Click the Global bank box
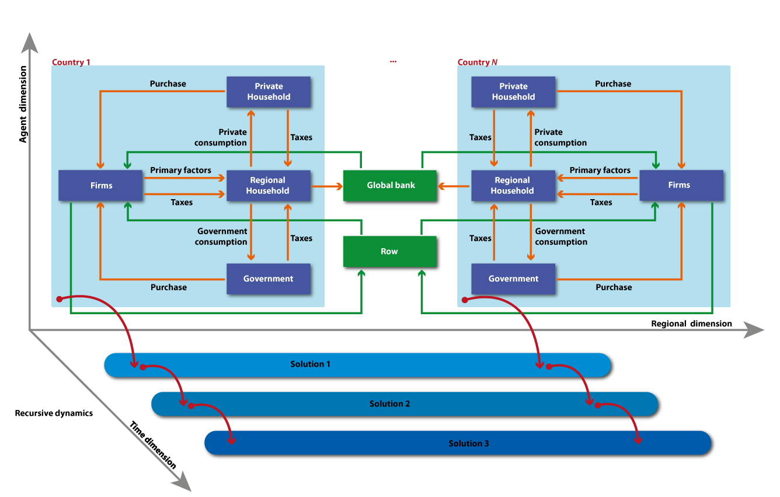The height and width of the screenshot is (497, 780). [389, 185]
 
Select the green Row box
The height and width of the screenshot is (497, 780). [389, 252]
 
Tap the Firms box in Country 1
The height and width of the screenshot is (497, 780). [100, 185]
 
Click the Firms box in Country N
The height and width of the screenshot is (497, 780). [681, 185]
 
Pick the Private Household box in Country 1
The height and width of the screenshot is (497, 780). [269, 92]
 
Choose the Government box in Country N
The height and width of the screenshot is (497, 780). [513, 279]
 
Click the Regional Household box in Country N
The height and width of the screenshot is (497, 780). [513, 185]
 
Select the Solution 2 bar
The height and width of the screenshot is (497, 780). [405, 404]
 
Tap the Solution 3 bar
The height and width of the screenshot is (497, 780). [458, 443]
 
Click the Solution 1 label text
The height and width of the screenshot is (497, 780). [310, 364]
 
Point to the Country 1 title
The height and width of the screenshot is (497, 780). [71, 62]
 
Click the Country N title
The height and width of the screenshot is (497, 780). [478, 62]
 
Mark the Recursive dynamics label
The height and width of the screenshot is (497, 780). [54, 413]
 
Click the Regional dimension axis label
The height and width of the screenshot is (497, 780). [691, 324]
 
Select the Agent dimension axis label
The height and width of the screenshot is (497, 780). [23, 104]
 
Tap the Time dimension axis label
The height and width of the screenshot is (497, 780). [153, 445]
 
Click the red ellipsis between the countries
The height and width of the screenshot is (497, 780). [393, 62]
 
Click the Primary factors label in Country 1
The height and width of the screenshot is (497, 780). [180, 171]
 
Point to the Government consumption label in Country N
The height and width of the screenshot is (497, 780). [561, 237]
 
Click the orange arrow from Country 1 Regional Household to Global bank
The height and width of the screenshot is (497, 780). [327, 186]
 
